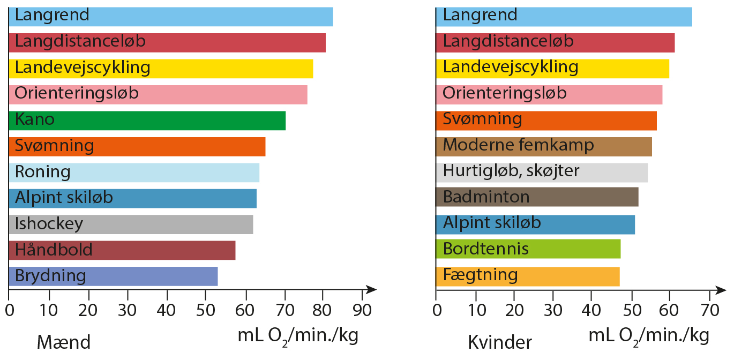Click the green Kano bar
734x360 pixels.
pyautogui.click(x=147, y=121)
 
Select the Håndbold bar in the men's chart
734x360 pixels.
pyautogui.click(x=122, y=250)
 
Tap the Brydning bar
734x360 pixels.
pyautogui.click(x=114, y=276)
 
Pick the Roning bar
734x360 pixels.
pyautogui.click(x=134, y=172)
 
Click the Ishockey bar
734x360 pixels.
pyautogui.click(x=131, y=224)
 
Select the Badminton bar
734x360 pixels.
pyautogui.click(x=537, y=197)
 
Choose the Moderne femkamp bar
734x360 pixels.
pyautogui.click(x=544, y=147)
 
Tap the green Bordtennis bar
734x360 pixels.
pyautogui.click(x=528, y=249)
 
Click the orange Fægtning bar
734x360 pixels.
pyautogui.click(x=528, y=277)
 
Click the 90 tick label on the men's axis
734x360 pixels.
pyautogui.click(x=362, y=310)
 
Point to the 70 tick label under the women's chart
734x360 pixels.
pyautogui.click(x=710, y=310)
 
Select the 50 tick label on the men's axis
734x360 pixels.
pyautogui.click(x=205, y=310)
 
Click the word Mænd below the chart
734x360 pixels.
pyautogui.click(x=64, y=342)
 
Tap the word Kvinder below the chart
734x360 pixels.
pyautogui.click(x=500, y=342)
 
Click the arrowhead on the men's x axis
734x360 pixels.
pyautogui.click(x=371, y=290)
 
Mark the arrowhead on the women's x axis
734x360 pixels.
pyautogui.click(x=721, y=290)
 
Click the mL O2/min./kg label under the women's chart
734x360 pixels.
pyautogui.click(x=649, y=337)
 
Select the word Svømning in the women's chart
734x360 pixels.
pyautogui.click(x=482, y=119)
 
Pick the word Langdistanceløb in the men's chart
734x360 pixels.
pyautogui.click(x=80, y=41)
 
